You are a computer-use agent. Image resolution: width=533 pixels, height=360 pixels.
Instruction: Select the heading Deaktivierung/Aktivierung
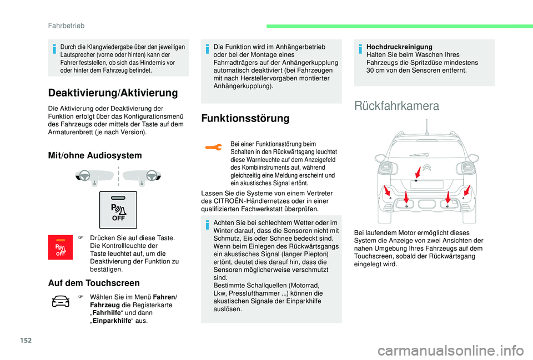click(x=113, y=93)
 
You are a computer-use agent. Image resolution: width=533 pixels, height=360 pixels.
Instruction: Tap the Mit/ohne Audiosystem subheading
click(x=95, y=155)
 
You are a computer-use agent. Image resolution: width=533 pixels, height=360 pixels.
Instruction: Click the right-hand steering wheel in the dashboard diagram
click(x=149, y=177)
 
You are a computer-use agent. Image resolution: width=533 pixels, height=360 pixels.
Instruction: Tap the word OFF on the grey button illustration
click(x=118, y=218)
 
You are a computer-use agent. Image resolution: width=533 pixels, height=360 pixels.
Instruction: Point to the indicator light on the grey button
click(x=118, y=198)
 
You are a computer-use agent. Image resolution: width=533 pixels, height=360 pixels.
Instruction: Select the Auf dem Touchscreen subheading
click(x=94, y=283)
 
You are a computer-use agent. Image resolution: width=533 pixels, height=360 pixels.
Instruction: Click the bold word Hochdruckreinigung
click(x=399, y=48)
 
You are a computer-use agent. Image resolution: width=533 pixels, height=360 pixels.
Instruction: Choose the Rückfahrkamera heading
click(x=396, y=106)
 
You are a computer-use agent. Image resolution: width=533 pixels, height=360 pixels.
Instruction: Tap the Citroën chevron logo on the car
click(x=426, y=168)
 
